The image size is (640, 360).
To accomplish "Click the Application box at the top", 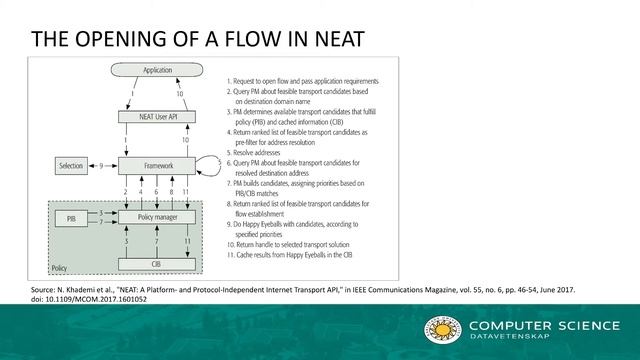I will tap(157, 71).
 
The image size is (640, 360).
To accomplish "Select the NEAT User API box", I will tap(157, 116).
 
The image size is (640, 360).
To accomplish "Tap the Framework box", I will tap(157, 164).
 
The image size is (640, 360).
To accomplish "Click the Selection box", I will tap(71, 164).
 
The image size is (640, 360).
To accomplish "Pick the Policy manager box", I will tap(157, 215).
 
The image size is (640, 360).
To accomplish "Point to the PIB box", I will tap(71, 215).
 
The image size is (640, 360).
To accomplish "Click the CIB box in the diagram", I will tap(157, 263).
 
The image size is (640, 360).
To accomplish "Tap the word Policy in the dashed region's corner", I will tap(60, 269).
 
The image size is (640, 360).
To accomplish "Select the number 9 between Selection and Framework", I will tap(102, 164).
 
